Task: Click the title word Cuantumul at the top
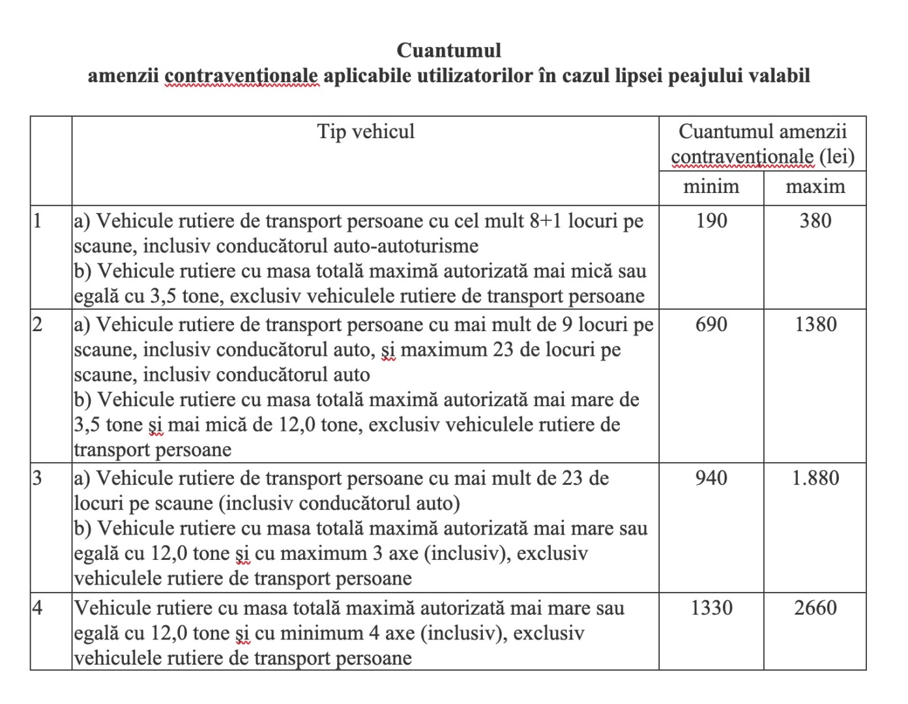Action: (448, 50)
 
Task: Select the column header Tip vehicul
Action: (366, 132)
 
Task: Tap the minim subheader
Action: (710, 187)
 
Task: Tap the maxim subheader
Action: (815, 187)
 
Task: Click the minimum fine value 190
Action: (710, 221)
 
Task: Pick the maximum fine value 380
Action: (815, 221)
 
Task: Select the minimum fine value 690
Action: (710, 324)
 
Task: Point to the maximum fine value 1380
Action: (815, 324)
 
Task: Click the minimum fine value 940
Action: (710, 478)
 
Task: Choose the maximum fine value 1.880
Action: (815, 478)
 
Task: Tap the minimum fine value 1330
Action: (710, 608)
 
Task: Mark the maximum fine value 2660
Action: (815, 608)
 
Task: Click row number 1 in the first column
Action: (37, 221)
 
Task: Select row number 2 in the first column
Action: (37, 324)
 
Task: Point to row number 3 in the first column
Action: (37, 478)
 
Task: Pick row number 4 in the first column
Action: (37, 608)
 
